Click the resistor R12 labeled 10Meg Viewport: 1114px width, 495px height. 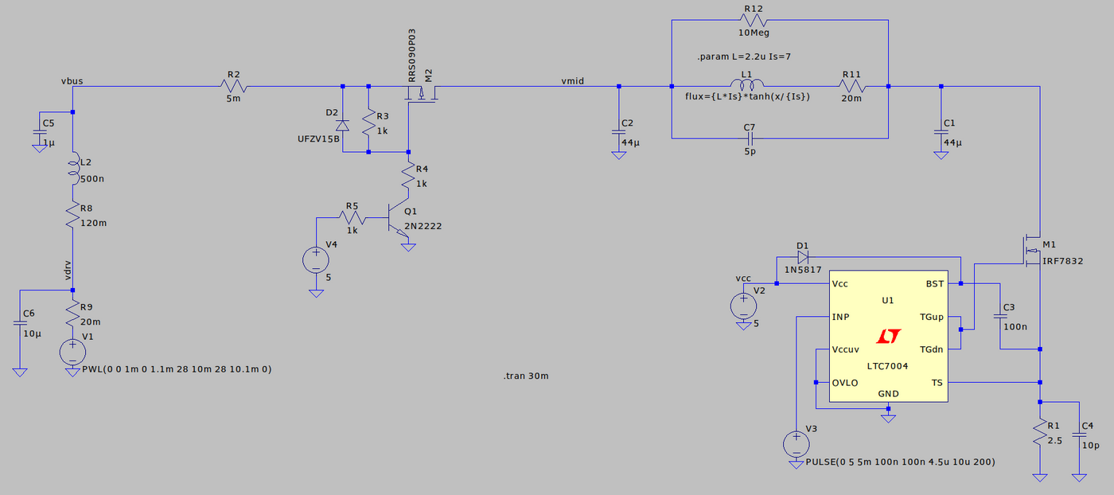tap(753, 21)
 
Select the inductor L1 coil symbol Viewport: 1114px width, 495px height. tap(746, 85)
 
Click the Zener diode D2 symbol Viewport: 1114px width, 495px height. tap(342, 125)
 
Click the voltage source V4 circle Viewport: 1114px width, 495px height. tap(316, 259)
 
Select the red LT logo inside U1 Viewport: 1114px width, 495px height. tap(888, 337)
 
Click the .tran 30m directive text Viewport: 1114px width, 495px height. tap(526, 376)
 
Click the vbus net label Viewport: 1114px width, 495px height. tap(72, 80)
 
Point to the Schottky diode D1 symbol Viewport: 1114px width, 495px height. tap(802, 257)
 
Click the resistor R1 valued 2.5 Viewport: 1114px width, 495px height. tap(1039, 434)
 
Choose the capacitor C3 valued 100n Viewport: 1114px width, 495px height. tap(1000, 316)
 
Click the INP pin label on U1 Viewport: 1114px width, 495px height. tap(840, 317)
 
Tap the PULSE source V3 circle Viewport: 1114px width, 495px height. tap(794, 443)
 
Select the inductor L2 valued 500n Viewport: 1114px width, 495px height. tap(73, 168)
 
